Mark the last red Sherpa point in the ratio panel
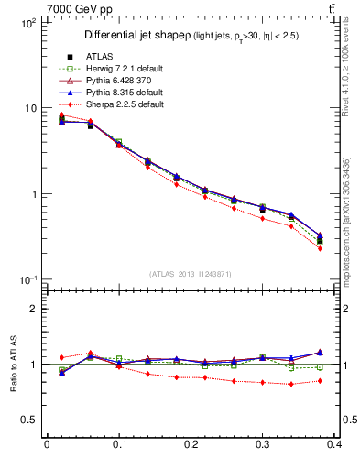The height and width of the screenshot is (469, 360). point(320,381)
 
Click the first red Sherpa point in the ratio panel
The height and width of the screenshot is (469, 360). point(61,357)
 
